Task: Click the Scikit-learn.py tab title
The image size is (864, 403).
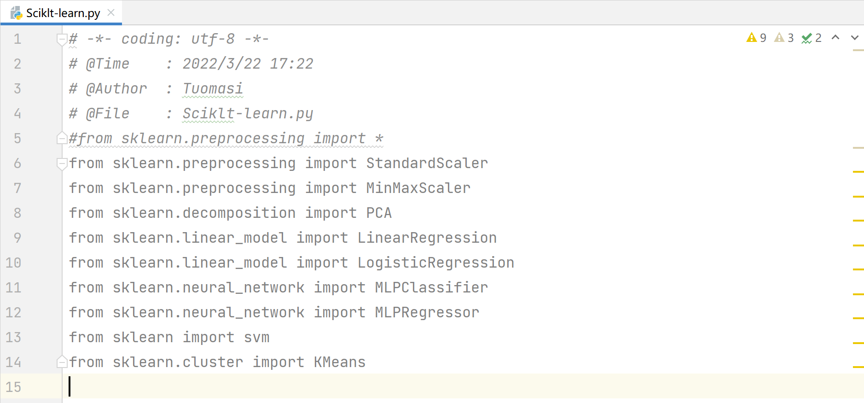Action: [63, 13]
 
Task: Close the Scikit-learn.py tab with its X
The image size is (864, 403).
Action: [111, 12]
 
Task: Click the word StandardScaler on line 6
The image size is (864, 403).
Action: [427, 163]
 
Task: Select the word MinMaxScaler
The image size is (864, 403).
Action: [418, 188]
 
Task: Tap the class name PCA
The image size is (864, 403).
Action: [379, 213]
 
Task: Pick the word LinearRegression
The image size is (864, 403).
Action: [427, 238]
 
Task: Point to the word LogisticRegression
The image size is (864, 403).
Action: [435, 263]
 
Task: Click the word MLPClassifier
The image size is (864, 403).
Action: [431, 287]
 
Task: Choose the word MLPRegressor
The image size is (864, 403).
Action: [427, 312]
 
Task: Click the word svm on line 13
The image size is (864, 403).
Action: [256, 337]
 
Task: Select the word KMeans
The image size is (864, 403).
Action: [339, 362]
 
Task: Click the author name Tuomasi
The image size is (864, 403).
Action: [213, 88]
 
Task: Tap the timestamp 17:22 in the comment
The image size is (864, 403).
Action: [291, 64]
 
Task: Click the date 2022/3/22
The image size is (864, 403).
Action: [221, 64]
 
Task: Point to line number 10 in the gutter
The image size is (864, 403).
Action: [13, 263]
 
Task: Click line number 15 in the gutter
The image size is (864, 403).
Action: [13, 387]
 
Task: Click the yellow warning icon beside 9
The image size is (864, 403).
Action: [751, 38]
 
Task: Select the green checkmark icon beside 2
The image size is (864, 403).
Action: [806, 38]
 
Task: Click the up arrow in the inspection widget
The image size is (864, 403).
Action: [835, 38]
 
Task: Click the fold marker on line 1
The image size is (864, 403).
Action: [62, 39]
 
